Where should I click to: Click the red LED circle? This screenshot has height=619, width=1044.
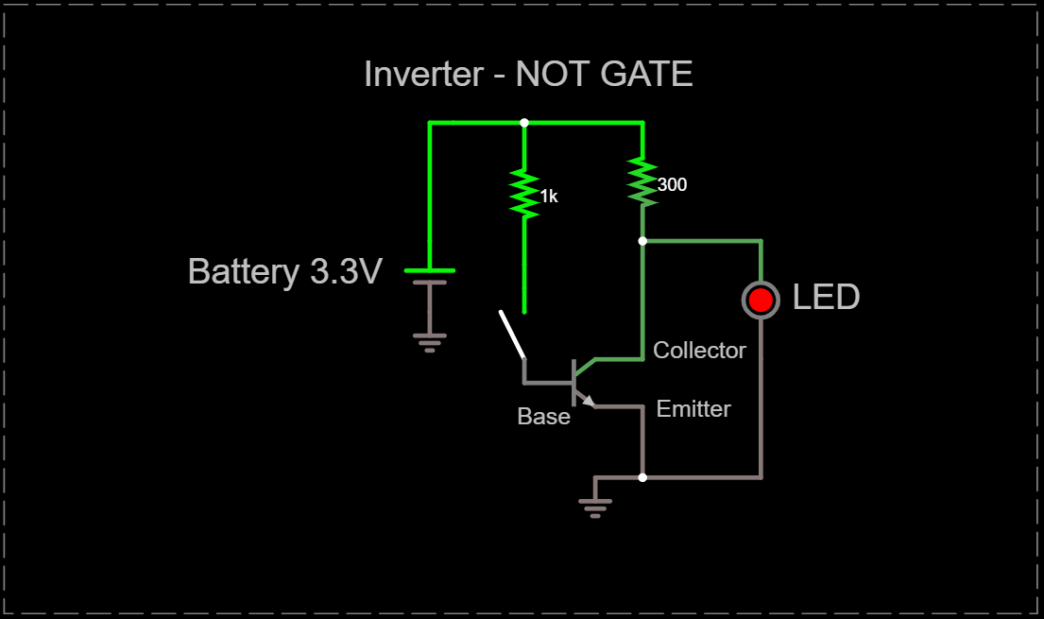[761, 301]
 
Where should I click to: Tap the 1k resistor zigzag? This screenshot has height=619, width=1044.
[524, 193]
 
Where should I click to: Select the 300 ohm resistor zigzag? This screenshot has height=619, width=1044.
[642, 181]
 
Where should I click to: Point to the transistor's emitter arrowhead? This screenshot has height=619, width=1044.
[589, 401]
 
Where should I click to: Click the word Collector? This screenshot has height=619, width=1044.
[699, 351]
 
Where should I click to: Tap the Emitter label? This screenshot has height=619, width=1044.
[693, 409]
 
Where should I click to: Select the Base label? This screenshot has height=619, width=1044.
[543, 417]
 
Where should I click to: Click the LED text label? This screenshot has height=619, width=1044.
[826, 298]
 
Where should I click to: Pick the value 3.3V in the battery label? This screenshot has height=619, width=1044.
[346, 272]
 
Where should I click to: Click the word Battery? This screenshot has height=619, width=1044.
[244, 272]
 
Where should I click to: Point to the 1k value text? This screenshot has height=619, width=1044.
[549, 197]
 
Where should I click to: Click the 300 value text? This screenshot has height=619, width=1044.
[672, 185]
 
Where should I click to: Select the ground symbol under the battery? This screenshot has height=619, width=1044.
[430, 341]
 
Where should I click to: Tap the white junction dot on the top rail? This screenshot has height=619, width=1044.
[524, 123]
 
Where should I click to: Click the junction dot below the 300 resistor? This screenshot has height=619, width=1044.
[642, 241]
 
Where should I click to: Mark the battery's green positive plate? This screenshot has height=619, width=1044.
[430, 270]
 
